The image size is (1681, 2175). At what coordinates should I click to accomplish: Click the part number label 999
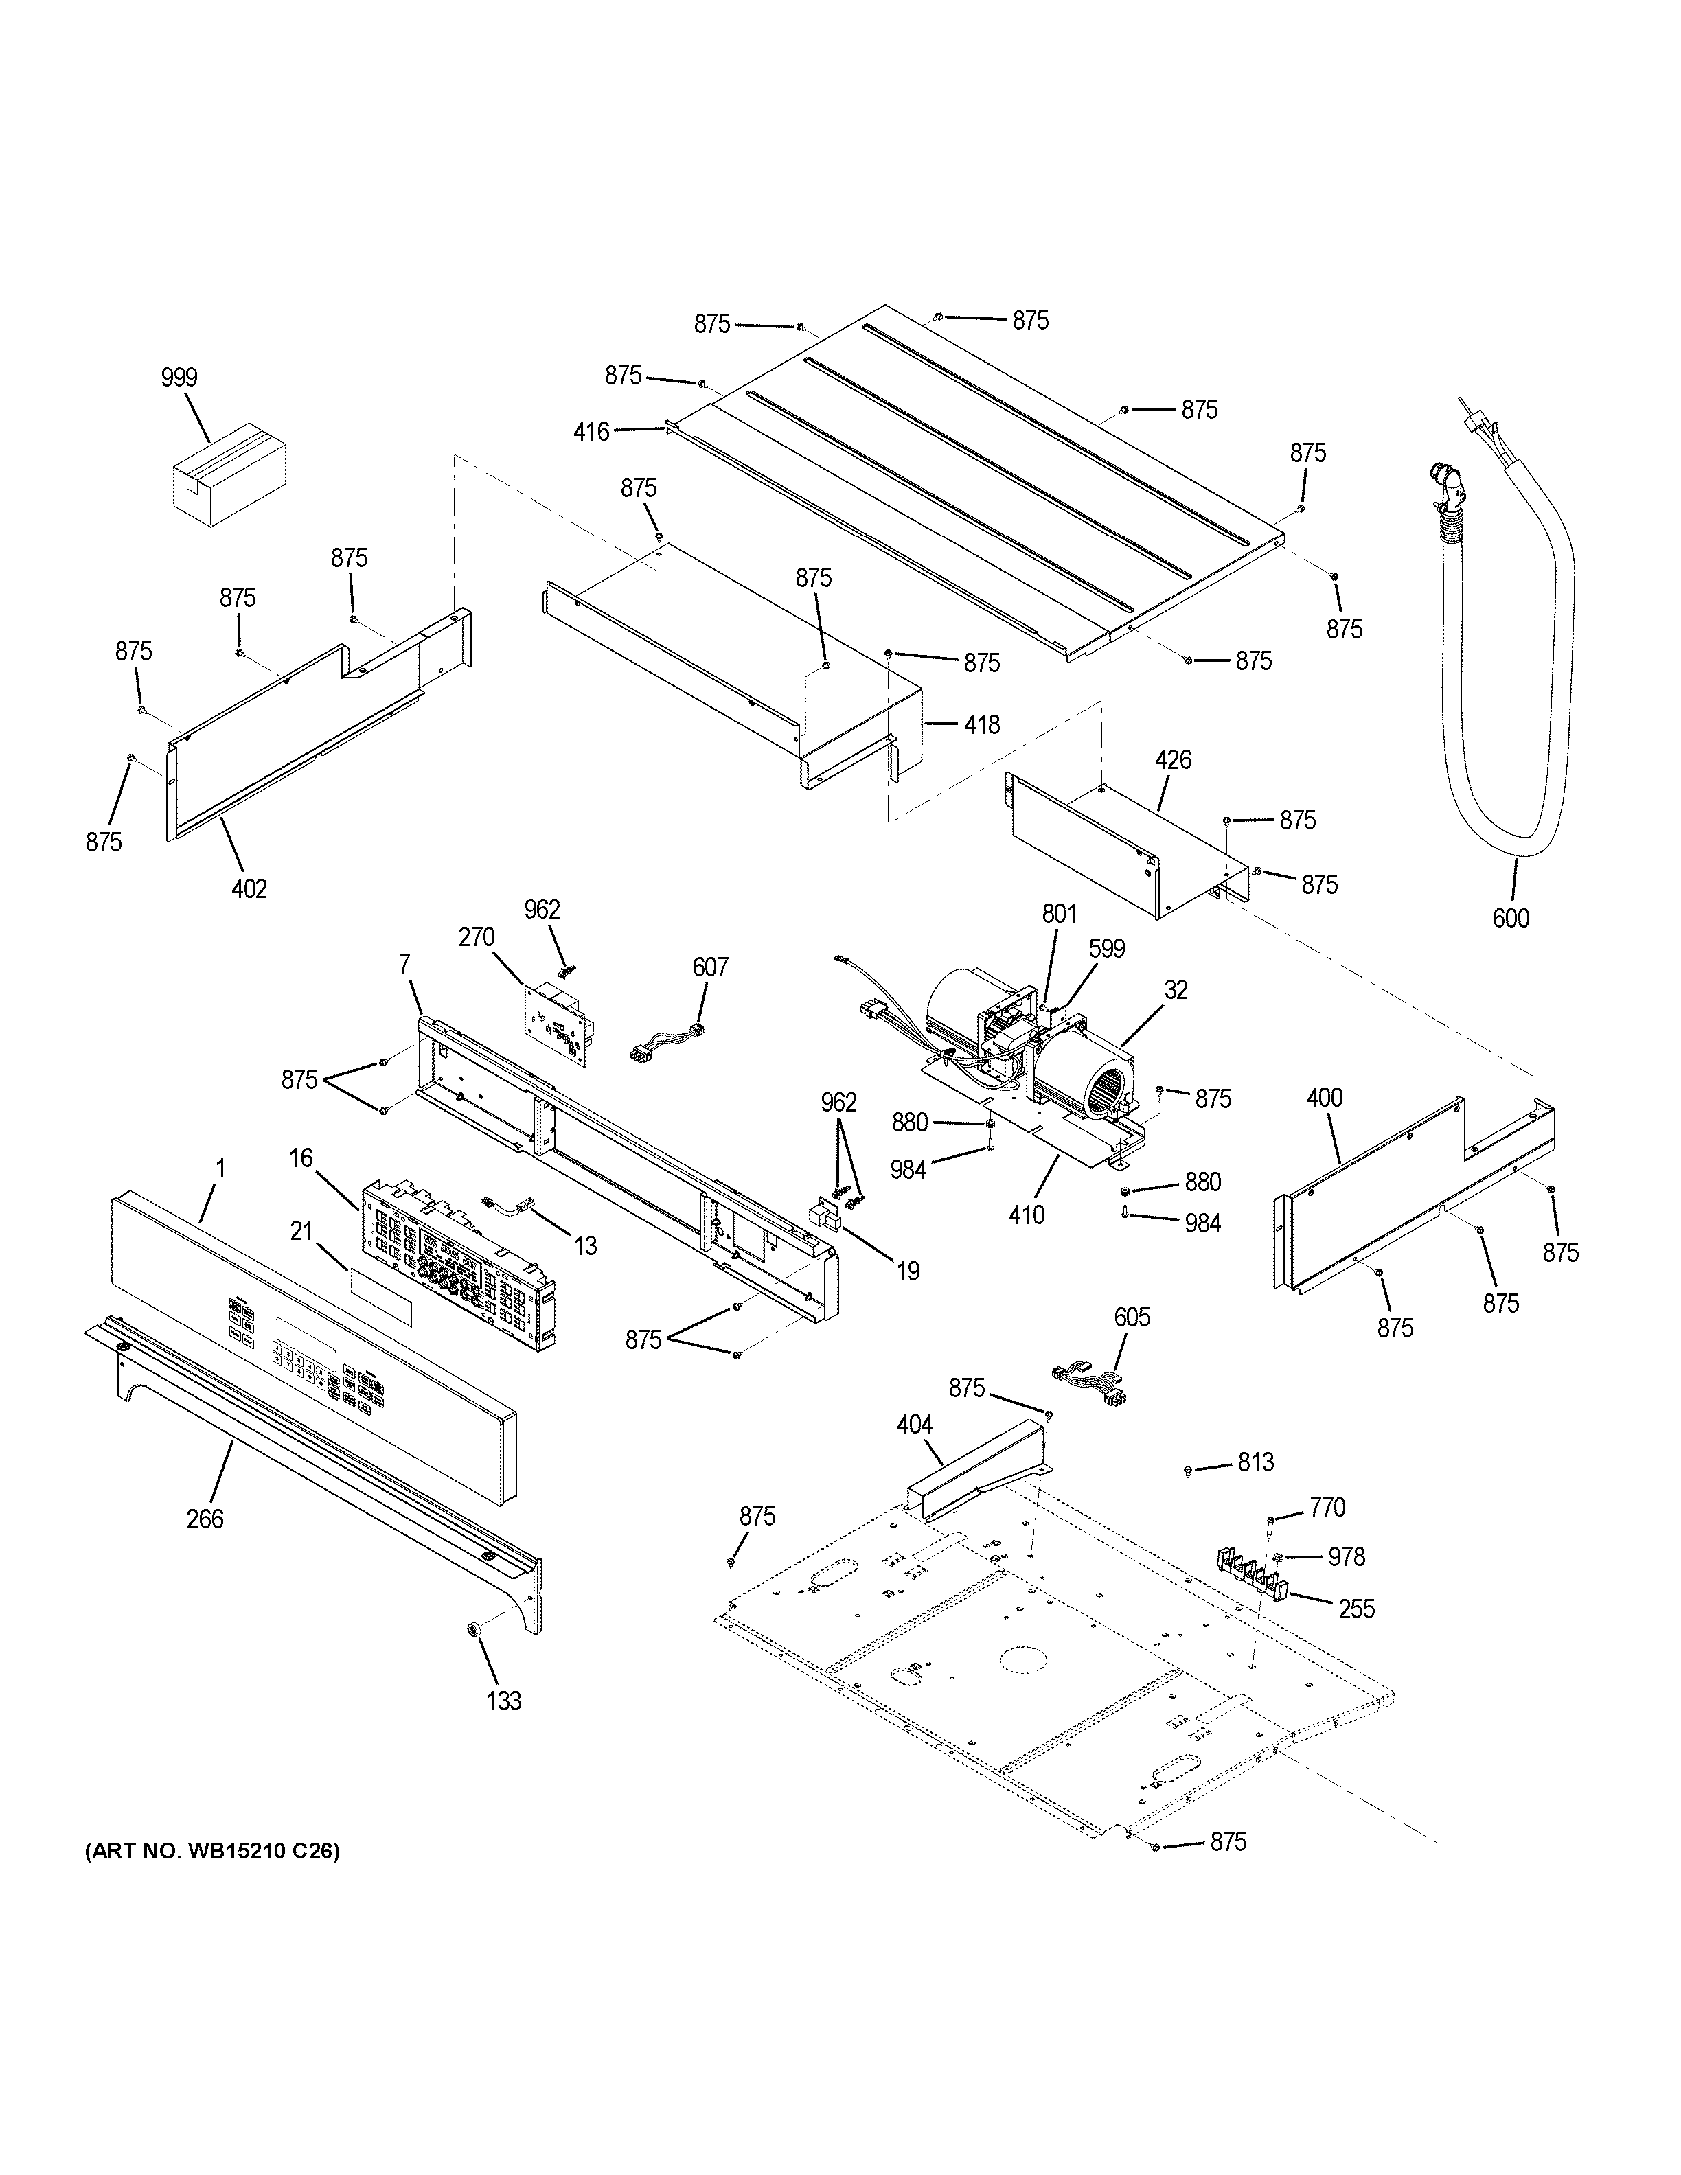pos(179,378)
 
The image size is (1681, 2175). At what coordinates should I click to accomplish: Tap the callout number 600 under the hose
pos(1510,917)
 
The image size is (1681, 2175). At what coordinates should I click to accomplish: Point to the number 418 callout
pos(981,725)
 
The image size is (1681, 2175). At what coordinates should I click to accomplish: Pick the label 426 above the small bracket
pos(1172,760)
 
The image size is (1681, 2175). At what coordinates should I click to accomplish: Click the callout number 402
pos(249,888)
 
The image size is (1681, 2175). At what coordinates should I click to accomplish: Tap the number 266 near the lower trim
pos(205,1519)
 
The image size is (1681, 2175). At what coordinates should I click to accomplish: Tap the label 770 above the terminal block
pos(1327,1508)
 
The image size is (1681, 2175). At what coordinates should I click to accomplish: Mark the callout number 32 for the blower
pos(1176,990)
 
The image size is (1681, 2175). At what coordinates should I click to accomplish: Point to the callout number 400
pos(1325,1098)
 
